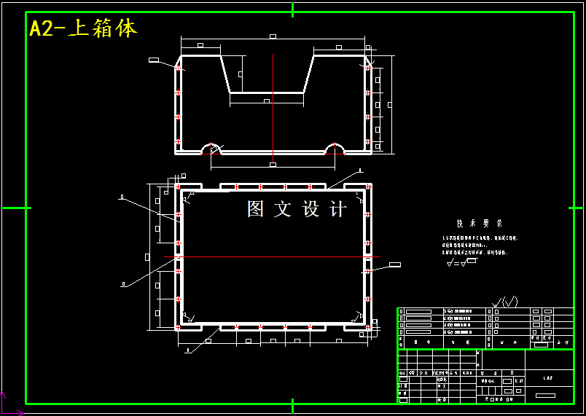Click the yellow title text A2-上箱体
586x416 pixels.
83,29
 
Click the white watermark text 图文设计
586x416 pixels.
297,210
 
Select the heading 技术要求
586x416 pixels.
480,224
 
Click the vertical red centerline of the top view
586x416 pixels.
273,109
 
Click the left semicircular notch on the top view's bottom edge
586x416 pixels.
211,149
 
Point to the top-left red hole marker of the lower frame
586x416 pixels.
178,187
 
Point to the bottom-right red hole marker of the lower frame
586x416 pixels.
367,327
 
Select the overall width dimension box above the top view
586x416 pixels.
273,36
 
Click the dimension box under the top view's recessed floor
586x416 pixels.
267,101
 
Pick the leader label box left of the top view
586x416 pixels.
154,59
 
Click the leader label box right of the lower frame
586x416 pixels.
395,264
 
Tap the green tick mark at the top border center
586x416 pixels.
292,9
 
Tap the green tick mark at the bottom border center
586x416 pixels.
292,405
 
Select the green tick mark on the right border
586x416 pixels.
574,208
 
